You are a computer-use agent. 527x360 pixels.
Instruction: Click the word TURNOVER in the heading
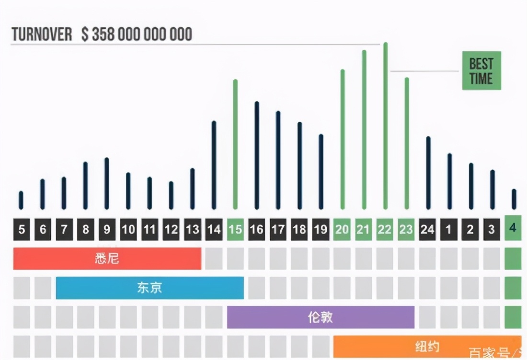pyautogui.click(x=42, y=34)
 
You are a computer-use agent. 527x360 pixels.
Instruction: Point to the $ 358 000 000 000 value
pyautogui.click(x=137, y=34)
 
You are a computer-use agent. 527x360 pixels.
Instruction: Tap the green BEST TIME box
pyautogui.click(x=481, y=71)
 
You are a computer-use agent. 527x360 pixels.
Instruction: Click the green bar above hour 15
pyautogui.click(x=235, y=144)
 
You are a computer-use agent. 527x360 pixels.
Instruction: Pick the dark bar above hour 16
pyautogui.click(x=257, y=155)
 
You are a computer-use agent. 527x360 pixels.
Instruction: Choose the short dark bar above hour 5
pyautogui.click(x=21, y=200)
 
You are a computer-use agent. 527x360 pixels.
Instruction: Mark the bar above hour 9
pyautogui.click(x=106, y=183)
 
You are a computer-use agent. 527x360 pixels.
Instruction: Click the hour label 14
pyautogui.click(x=214, y=230)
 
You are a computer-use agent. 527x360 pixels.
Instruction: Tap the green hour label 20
pyautogui.click(x=342, y=230)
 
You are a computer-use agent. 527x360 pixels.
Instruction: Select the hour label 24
pyautogui.click(x=427, y=230)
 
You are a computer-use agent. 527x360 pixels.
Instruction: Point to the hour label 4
pyautogui.click(x=513, y=228)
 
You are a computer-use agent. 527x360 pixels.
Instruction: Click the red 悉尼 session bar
pyautogui.click(x=107, y=259)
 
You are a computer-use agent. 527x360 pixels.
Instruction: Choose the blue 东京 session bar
pyautogui.click(x=149, y=288)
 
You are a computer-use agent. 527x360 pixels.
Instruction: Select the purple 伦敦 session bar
pyautogui.click(x=321, y=317)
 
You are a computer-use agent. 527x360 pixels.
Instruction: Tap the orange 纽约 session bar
pyautogui.click(x=426, y=346)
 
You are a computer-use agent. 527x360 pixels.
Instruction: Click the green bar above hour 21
pyautogui.click(x=364, y=129)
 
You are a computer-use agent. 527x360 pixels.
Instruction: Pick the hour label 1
pyautogui.click(x=449, y=230)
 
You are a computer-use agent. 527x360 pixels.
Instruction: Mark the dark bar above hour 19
pyautogui.click(x=321, y=171)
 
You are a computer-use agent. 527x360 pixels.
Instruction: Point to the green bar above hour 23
pyautogui.click(x=407, y=143)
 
